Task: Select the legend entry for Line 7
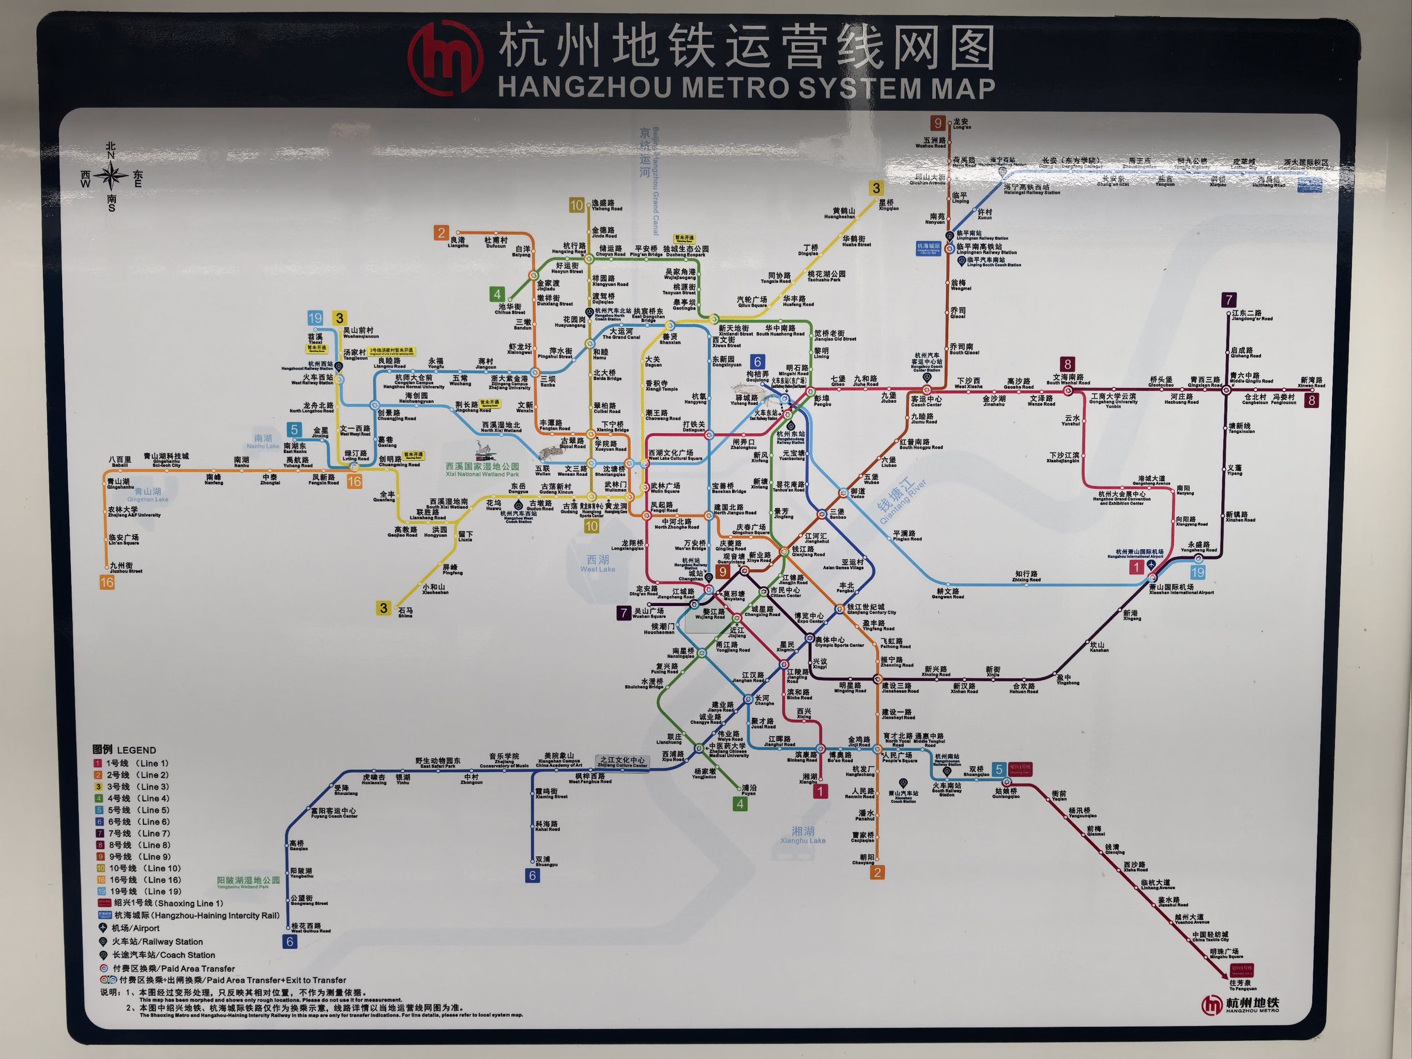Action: [134, 833]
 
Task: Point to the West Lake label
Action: [598, 564]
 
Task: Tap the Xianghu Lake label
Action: [802, 834]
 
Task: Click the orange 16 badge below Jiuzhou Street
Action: [107, 582]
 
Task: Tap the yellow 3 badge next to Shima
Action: [383, 608]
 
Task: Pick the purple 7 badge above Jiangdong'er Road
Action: [1228, 299]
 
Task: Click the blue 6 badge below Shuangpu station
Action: [533, 876]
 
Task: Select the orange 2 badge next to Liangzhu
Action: [441, 232]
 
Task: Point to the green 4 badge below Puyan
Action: [740, 804]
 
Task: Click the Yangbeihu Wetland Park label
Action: [248, 882]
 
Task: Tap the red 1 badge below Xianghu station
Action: [820, 792]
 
